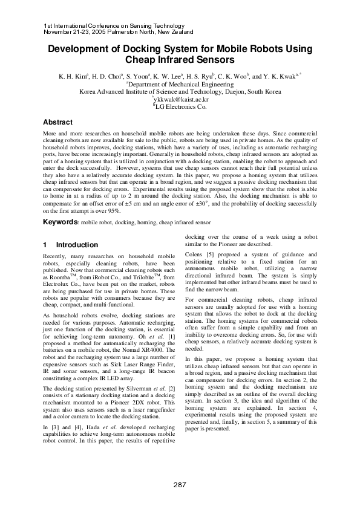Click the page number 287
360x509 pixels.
180,485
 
